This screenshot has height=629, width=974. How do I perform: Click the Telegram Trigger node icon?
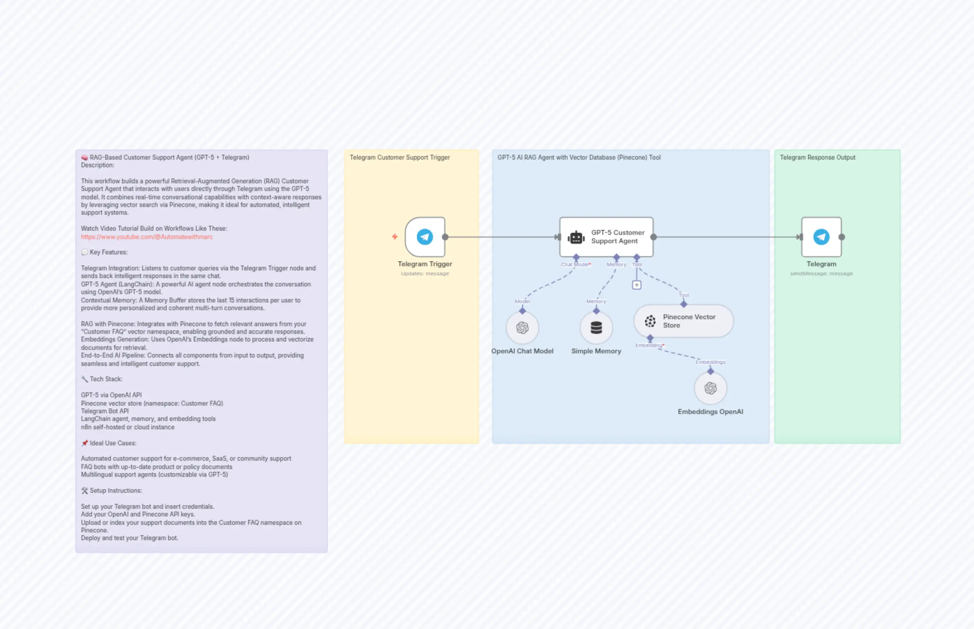coord(425,237)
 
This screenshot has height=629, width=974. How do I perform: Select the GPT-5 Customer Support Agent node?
coord(606,237)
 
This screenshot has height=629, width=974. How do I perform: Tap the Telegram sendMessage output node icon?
coord(821,237)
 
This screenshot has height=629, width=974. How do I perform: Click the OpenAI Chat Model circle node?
coord(522,328)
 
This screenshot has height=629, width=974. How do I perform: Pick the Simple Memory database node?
coord(596,328)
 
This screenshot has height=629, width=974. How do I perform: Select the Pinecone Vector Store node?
coord(683,321)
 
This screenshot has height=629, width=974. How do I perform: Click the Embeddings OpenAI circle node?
coord(710,388)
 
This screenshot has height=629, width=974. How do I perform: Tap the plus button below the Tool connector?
coord(637,285)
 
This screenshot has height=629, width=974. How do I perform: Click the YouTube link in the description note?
coord(147,237)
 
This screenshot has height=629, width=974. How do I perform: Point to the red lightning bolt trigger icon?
coord(395,237)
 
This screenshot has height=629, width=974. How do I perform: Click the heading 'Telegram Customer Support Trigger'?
coord(400,158)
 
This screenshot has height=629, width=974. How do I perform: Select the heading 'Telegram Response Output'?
coord(817,158)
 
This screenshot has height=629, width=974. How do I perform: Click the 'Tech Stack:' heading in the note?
coord(106,379)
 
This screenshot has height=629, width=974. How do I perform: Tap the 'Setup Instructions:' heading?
coord(116,491)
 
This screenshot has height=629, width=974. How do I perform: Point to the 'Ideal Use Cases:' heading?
coord(113,443)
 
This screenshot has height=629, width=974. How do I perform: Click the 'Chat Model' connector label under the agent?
coord(575,265)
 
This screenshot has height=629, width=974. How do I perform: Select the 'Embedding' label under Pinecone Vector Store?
coord(649,346)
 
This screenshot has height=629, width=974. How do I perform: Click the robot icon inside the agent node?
coord(576,237)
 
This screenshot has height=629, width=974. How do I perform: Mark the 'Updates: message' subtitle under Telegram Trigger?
coord(425,274)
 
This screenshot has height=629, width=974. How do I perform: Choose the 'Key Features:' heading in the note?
coord(108,252)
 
